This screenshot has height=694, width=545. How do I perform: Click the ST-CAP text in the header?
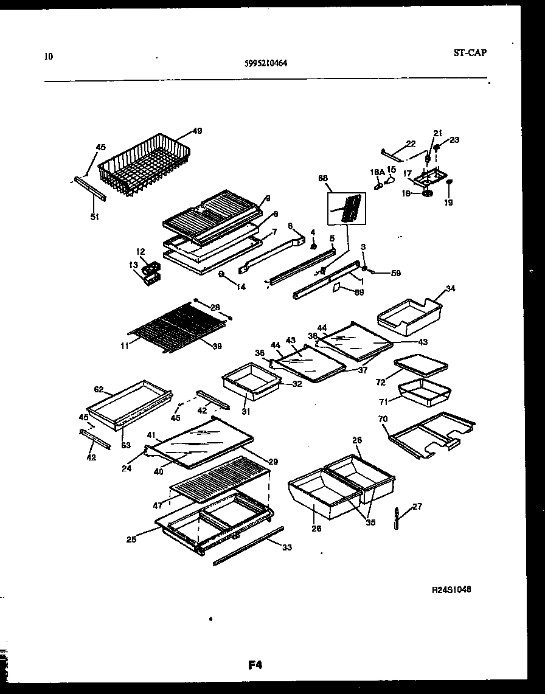click(470, 52)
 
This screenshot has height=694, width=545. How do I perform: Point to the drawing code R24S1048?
click(451, 589)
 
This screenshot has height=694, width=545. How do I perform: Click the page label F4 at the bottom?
click(255, 665)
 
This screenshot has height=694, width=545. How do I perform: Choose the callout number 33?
click(287, 547)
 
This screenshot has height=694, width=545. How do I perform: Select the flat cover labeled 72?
click(420, 366)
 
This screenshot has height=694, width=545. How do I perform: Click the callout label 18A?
click(378, 172)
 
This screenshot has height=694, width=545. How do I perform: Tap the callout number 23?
click(454, 140)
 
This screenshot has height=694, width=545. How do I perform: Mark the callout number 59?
click(396, 273)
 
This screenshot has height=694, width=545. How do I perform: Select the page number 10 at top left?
click(49, 57)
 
